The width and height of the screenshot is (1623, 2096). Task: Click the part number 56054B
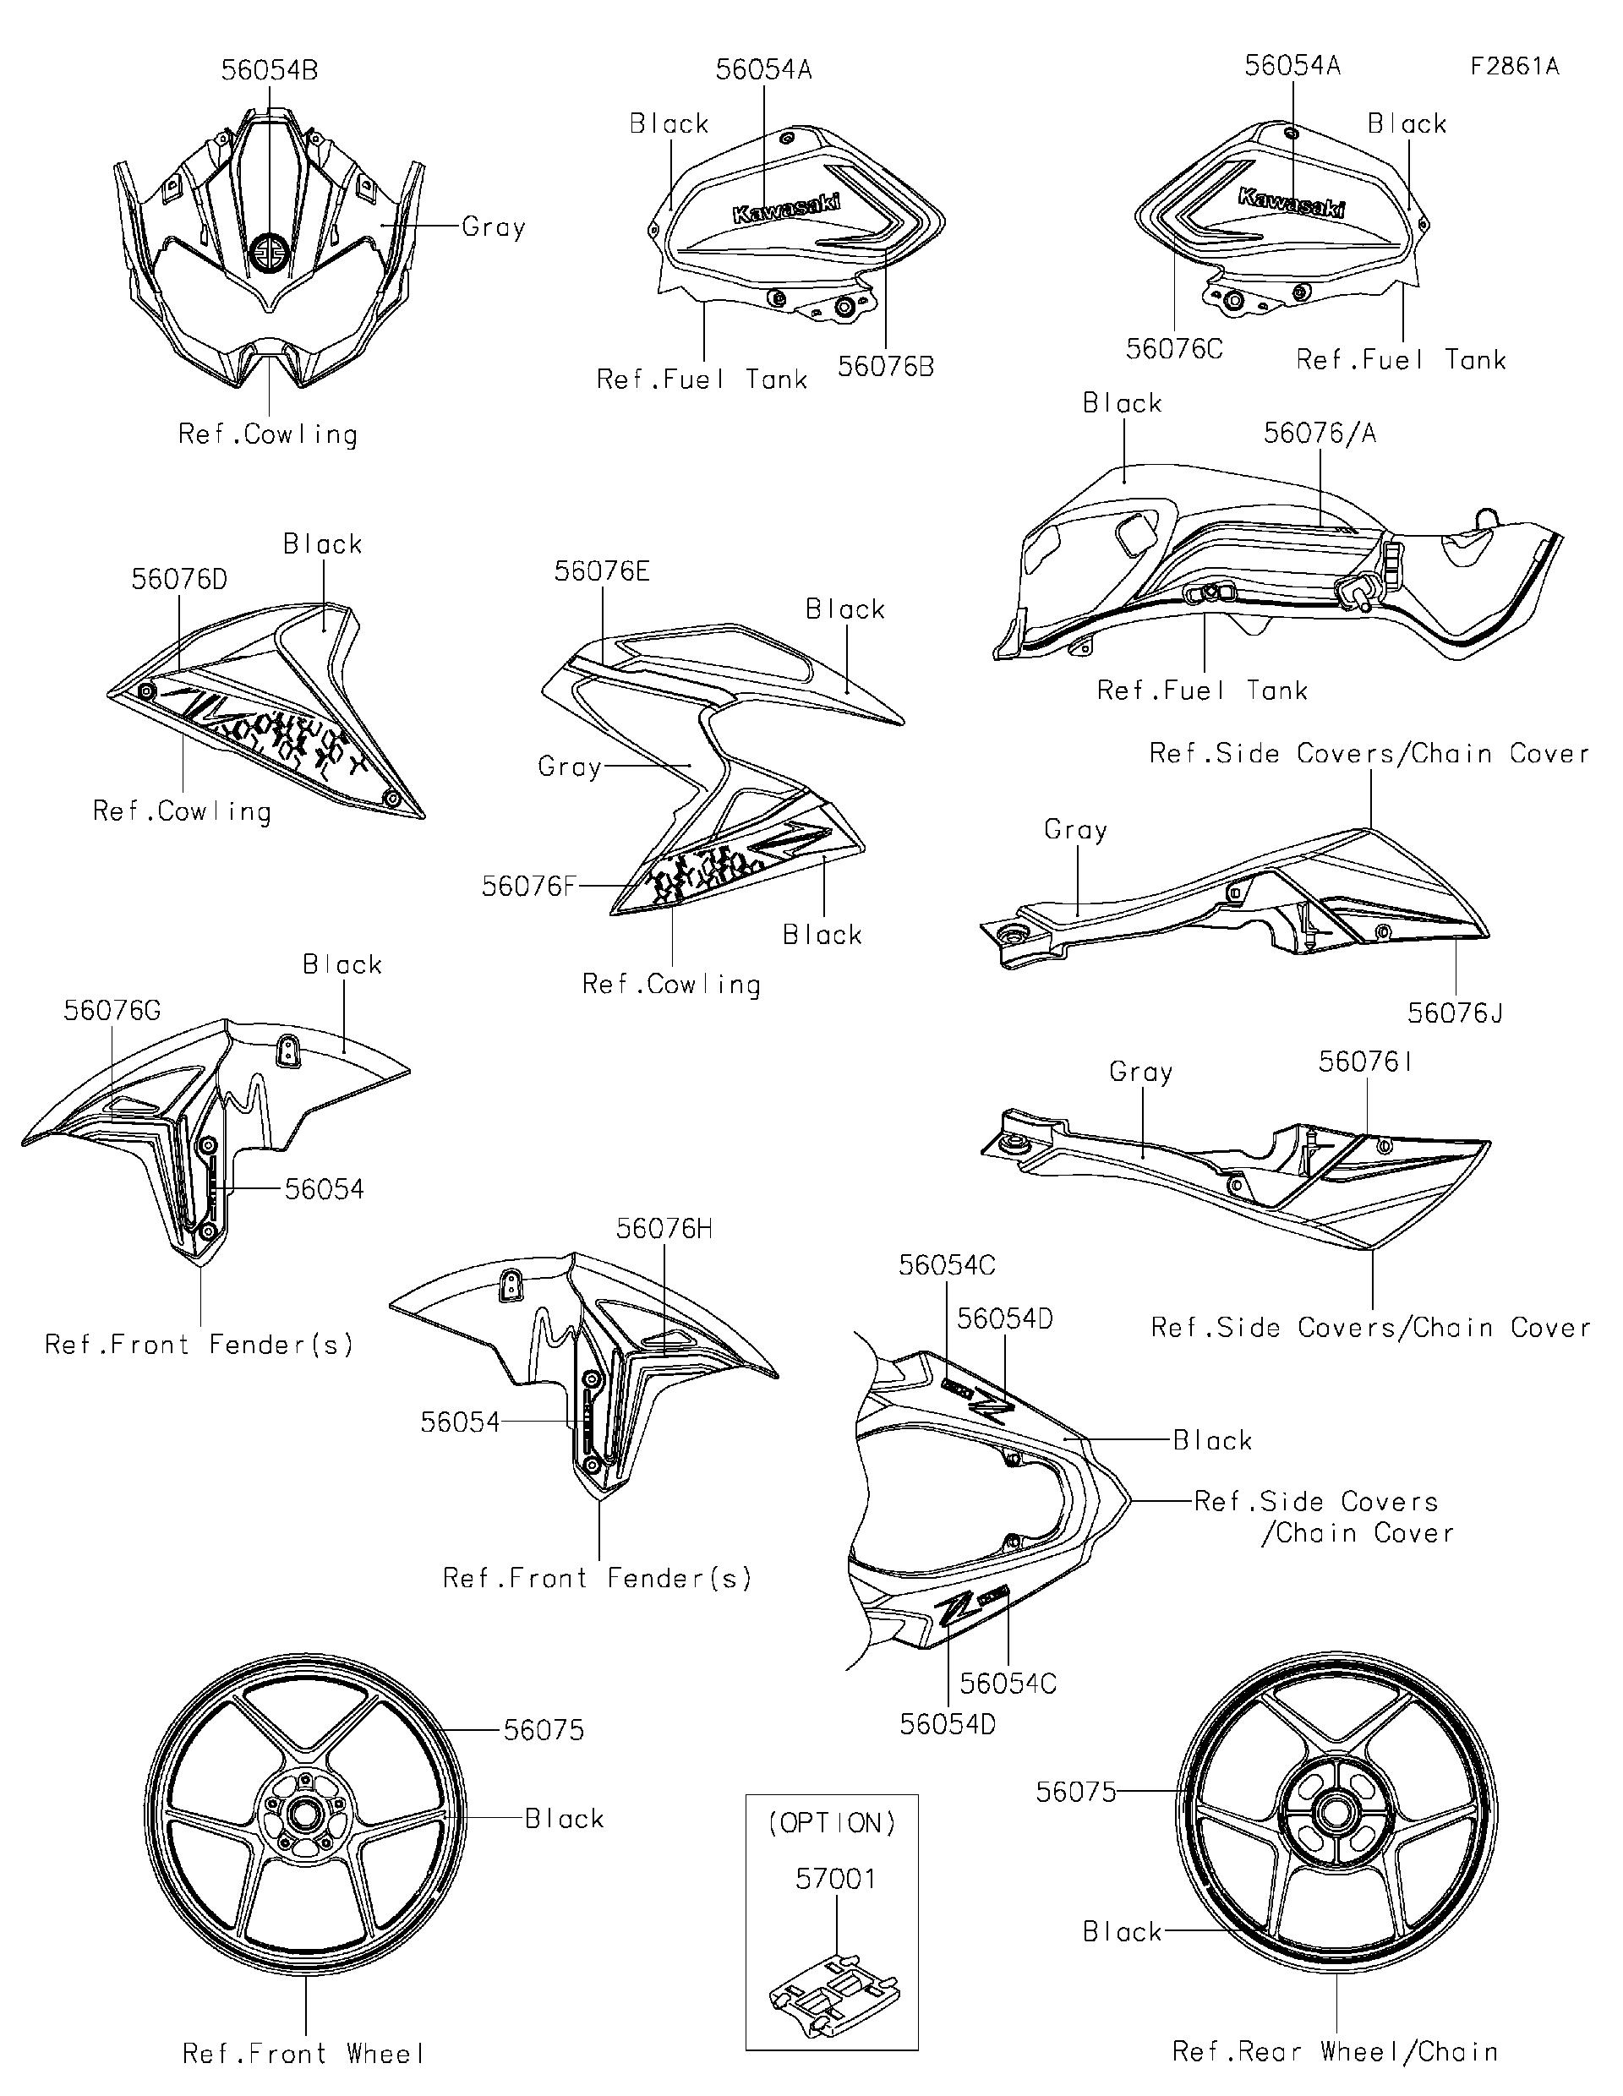[x=269, y=70]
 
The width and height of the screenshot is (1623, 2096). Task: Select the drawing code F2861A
[x=1514, y=66]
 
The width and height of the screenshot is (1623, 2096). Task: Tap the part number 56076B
[x=885, y=367]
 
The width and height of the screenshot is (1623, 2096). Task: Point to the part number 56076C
[x=1174, y=349]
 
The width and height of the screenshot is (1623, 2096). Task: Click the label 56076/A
[x=1320, y=433]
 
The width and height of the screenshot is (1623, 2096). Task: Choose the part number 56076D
[x=178, y=579]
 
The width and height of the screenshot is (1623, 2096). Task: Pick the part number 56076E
[x=602, y=571]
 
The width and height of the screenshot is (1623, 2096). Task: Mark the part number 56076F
[x=527, y=886]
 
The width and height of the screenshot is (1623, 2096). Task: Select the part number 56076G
[x=112, y=1011]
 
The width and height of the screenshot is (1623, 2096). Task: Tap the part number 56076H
[x=664, y=1228]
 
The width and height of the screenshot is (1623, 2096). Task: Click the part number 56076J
[x=1455, y=1013]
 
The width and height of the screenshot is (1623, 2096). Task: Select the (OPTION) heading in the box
[x=832, y=1824]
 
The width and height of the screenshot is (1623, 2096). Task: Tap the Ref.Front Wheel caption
[x=303, y=2054]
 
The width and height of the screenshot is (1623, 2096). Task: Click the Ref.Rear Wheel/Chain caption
[x=1335, y=2052]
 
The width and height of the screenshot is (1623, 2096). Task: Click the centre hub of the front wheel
[x=306, y=1817]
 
